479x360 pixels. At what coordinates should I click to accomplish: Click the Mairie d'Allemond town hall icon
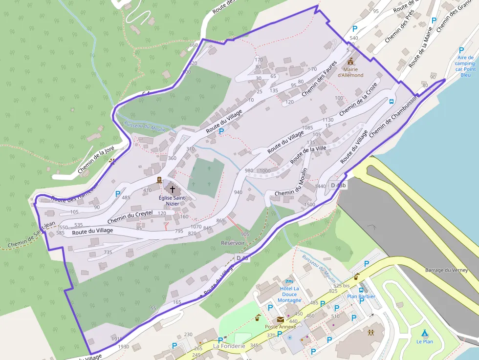pyautogui.click(x=350, y=62)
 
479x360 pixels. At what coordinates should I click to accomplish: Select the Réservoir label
pyautogui.click(x=233, y=243)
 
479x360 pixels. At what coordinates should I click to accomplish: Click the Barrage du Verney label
pyautogui.click(x=446, y=270)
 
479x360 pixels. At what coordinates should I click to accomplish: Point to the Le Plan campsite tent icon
pyautogui.click(x=425, y=333)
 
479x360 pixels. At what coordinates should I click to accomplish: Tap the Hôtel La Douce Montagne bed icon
pyautogui.click(x=289, y=282)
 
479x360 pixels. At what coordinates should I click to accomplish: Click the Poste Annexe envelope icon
pyautogui.click(x=280, y=319)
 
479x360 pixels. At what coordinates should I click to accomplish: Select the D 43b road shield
pyautogui.click(x=338, y=185)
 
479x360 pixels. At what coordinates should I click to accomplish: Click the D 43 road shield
pyautogui.click(x=242, y=258)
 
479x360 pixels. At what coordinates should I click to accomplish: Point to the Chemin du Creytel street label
pyautogui.click(x=130, y=217)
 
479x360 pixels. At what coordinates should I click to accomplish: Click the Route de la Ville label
pyautogui.click(x=308, y=155)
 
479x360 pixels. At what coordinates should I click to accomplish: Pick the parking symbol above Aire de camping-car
pyautogui.click(x=461, y=50)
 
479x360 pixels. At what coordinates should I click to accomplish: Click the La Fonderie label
pyautogui.click(x=229, y=346)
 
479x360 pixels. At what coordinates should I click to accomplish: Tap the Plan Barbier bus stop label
pyautogui.click(x=361, y=296)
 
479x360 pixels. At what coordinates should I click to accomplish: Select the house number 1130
pyautogui.click(x=327, y=120)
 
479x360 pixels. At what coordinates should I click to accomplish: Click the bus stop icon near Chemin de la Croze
pyautogui.click(x=391, y=102)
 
